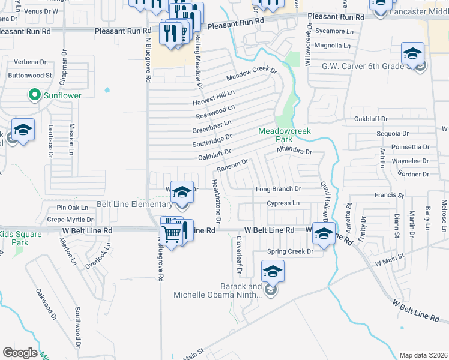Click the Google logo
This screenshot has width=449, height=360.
(19, 353)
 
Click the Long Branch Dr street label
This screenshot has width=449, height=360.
(278, 189)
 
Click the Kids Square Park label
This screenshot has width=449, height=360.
(14, 238)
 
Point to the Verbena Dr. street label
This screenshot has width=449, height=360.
(27, 62)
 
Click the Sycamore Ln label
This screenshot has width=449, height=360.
(334, 31)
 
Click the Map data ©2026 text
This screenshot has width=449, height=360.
(423, 355)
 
